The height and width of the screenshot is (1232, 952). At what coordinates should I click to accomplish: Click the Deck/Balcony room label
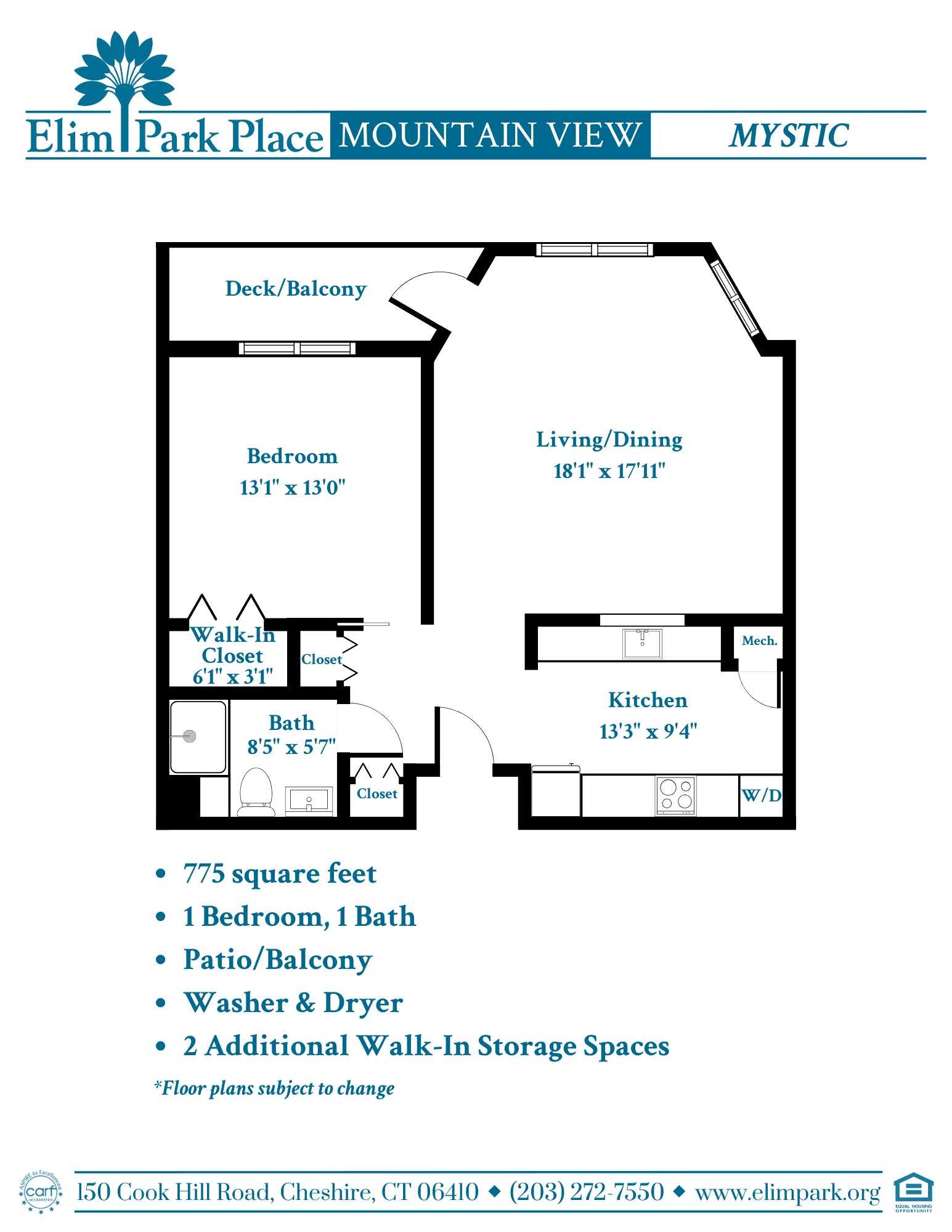(x=296, y=289)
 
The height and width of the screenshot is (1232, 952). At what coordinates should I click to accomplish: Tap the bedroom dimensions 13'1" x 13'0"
(x=292, y=487)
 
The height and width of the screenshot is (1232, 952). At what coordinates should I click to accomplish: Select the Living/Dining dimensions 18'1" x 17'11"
(x=609, y=471)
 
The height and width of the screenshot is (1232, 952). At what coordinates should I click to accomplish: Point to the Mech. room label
(x=759, y=641)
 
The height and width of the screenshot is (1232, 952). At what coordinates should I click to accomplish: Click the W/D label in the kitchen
(x=762, y=795)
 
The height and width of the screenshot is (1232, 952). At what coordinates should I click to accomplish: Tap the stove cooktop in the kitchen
(x=676, y=795)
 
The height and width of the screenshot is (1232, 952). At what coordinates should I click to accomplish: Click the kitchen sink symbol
(x=642, y=643)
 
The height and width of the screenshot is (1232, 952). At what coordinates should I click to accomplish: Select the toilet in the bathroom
(x=256, y=792)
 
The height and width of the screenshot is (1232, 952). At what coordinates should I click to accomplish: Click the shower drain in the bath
(x=190, y=736)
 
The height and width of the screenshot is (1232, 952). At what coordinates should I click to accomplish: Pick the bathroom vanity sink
(x=309, y=800)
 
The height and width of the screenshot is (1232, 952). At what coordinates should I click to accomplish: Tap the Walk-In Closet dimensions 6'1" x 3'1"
(x=233, y=677)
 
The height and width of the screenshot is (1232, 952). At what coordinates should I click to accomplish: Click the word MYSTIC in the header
(x=789, y=136)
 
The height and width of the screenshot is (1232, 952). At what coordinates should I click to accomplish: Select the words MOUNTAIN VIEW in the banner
(x=490, y=135)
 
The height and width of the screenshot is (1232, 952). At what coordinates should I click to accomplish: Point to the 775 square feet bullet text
(x=280, y=874)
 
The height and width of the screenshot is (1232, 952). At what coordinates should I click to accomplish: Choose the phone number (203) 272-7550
(x=587, y=1192)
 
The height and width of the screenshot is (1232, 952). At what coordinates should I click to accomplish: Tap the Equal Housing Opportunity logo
(x=914, y=1193)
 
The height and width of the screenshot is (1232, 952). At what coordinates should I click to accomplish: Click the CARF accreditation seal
(x=41, y=1193)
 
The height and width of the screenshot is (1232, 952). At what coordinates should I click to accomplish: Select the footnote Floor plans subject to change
(x=274, y=1088)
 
